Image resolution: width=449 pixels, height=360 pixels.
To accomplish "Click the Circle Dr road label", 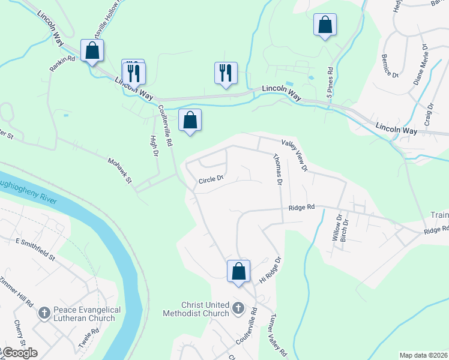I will click(x=211, y=178).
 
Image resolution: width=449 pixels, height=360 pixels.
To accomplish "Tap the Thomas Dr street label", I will click(x=277, y=170).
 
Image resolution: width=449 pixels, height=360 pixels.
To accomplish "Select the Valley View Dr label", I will click(x=294, y=155).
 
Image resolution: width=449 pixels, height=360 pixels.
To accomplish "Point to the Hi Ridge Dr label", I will click(x=270, y=271).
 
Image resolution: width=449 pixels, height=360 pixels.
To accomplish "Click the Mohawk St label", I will click(x=119, y=171).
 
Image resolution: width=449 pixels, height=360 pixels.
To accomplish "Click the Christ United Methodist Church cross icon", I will click(x=238, y=309).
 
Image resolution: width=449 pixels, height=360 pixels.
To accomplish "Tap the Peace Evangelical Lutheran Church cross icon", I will click(x=43, y=313).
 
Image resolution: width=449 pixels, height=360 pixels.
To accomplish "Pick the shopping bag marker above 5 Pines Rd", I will click(x=325, y=25).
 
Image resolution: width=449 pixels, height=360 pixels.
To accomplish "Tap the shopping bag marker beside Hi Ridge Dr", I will click(x=238, y=271).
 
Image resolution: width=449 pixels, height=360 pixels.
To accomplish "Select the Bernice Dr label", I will click(x=390, y=66).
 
